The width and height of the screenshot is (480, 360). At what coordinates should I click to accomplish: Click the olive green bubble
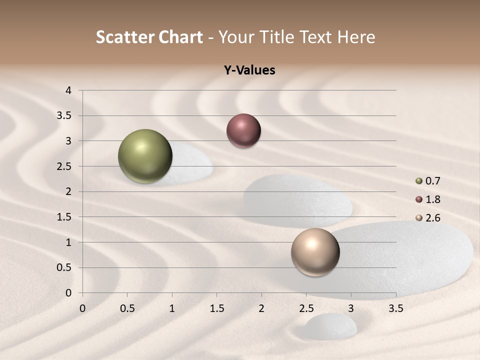[x=145, y=156]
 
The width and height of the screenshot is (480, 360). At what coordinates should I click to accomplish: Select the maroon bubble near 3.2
[x=243, y=131]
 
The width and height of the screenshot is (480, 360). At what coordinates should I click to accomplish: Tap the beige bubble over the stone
[x=315, y=252]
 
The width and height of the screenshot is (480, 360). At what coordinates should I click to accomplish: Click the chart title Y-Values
[x=249, y=70]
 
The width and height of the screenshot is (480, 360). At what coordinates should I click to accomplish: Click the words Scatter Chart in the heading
[x=149, y=37]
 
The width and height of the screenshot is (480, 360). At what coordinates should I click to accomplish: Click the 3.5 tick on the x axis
[x=395, y=308]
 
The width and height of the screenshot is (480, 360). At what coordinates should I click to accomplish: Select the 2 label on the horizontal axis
[x=261, y=308]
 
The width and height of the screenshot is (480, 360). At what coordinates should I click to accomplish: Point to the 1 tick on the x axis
[x=172, y=308]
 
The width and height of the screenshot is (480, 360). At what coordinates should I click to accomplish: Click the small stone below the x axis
[x=331, y=326]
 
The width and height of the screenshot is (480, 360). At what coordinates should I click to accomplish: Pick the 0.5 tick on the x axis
[x=127, y=308]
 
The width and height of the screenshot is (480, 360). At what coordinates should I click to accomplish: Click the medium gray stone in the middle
[x=298, y=200]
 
